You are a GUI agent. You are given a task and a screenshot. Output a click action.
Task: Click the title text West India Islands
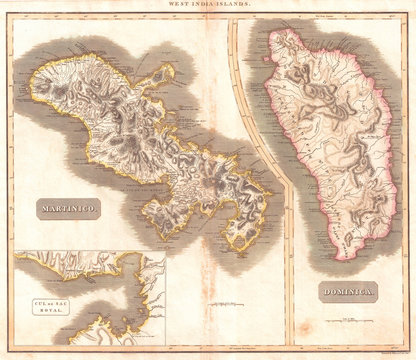point(207,6)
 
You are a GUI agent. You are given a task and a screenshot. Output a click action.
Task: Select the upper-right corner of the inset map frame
point(165,252)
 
